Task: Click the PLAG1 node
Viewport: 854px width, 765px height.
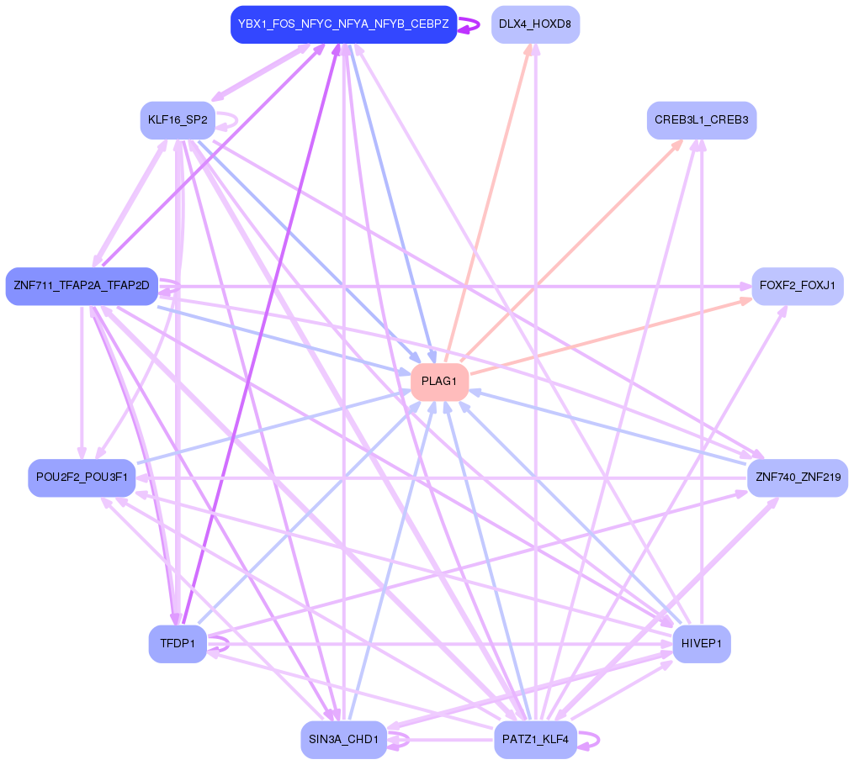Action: click(439, 382)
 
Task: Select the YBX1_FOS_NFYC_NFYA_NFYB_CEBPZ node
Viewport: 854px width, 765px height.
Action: click(343, 24)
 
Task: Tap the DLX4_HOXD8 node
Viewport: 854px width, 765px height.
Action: click(535, 24)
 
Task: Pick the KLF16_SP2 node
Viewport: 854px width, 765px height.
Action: click(178, 120)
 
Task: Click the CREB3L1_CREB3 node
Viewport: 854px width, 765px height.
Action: click(702, 120)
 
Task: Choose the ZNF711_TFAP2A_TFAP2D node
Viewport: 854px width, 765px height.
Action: click(82, 287)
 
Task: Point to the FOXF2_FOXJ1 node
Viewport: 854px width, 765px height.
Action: click(797, 287)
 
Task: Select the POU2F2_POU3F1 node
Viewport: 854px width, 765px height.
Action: click(82, 477)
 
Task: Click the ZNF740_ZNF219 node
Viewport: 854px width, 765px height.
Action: click(797, 477)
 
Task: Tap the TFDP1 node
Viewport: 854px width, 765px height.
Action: click(178, 645)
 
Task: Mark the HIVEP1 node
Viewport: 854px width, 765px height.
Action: click(702, 645)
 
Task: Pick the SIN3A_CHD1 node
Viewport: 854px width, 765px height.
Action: click(343, 740)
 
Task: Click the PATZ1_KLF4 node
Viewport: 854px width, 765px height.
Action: click(535, 740)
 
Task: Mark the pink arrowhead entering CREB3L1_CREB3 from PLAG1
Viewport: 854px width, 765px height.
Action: click(677, 144)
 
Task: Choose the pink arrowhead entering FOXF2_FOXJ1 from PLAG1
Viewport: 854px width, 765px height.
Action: click(745, 299)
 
